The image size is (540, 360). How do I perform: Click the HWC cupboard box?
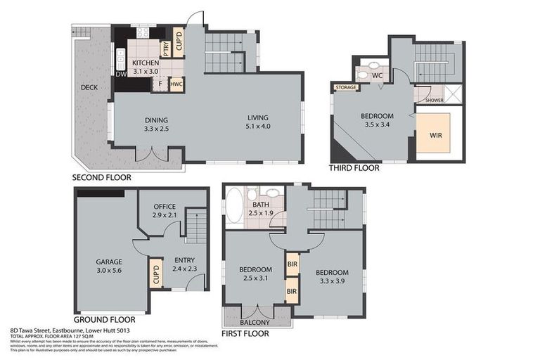pos(176,84)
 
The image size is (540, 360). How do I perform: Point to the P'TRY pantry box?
pos(165,49)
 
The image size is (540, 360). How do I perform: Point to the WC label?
pos(377,75)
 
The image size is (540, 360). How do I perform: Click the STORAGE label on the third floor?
pos(346,88)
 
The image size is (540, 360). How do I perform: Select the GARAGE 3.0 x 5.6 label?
pos(109,266)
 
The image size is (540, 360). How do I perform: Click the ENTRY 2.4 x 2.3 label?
pos(184,264)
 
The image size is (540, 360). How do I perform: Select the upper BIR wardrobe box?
pos(292,265)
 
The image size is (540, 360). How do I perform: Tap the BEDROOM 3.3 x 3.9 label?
pos(330,276)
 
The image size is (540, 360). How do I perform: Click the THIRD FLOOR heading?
pos(354,168)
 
